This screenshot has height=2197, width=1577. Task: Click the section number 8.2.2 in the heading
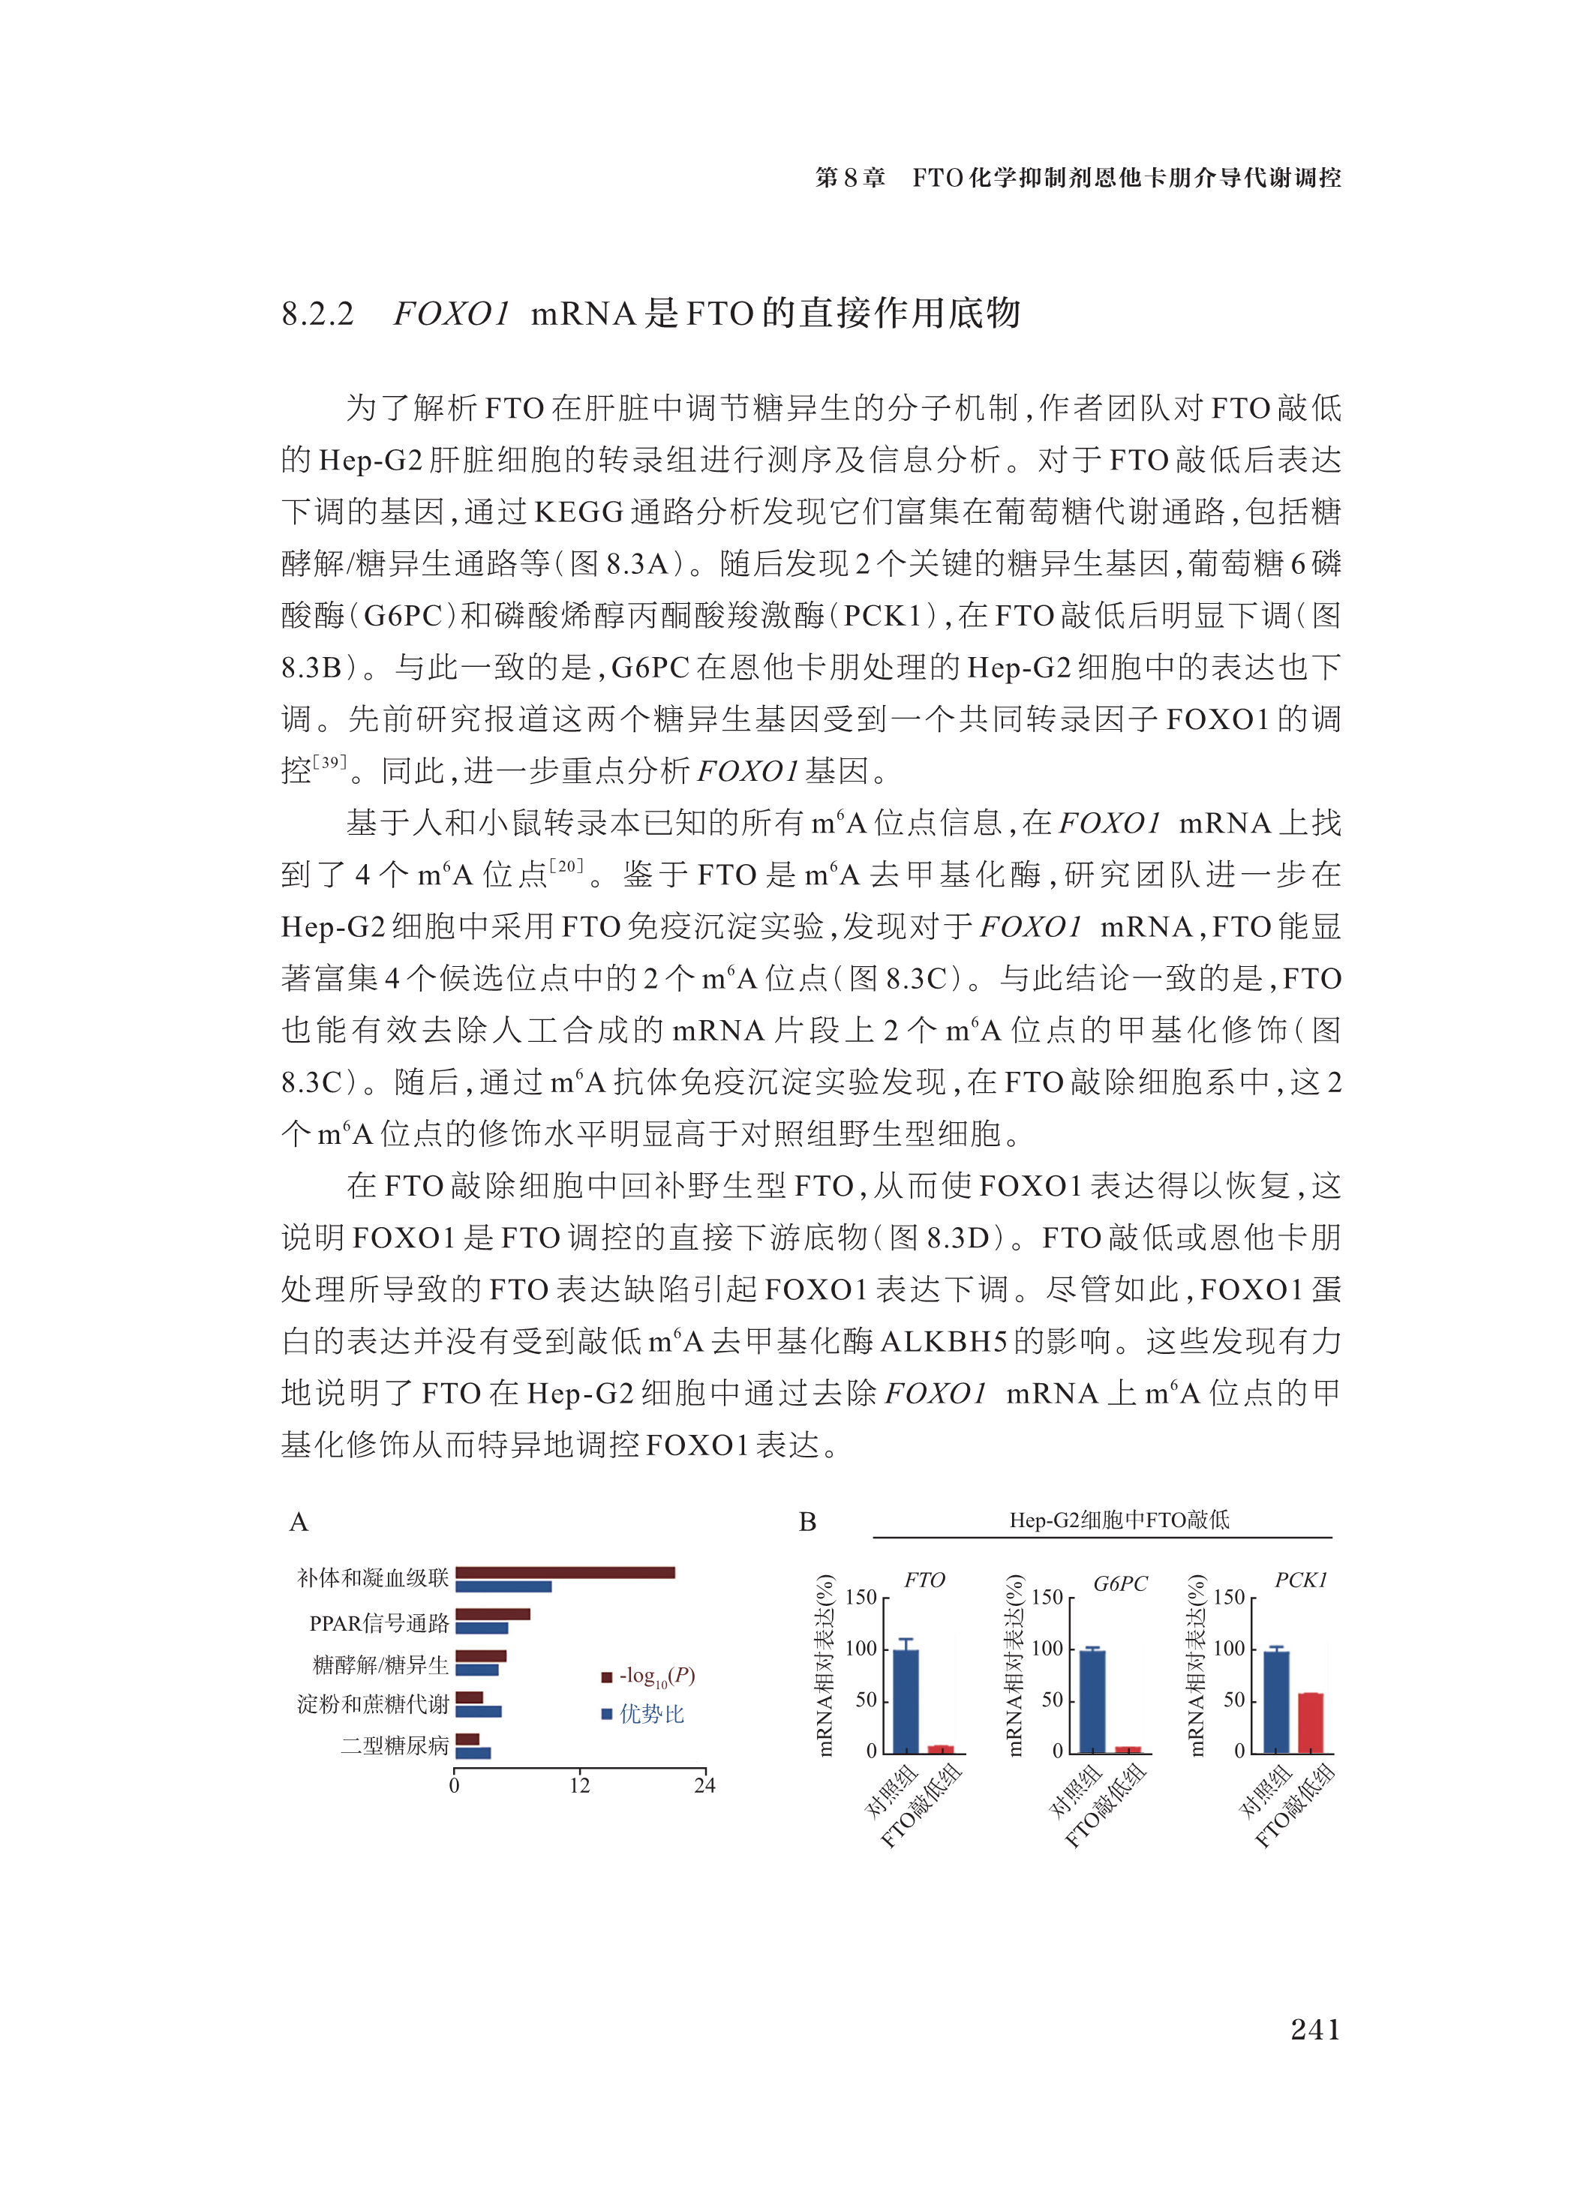coord(317,314)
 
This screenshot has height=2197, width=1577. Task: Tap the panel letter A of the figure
coord(299,1522)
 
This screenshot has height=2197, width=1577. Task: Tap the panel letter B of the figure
coord(807,1522)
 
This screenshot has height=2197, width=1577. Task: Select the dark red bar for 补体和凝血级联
coord(565,1572)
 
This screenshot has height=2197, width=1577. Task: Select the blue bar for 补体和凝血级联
coord(503,1586)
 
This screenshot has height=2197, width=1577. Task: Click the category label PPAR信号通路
coord(379,1622)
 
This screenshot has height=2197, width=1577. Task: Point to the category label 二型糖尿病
coord(395,1745)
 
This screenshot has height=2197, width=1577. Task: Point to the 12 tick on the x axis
coord(579,1785)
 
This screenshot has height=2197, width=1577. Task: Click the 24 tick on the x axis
coord(704,1785)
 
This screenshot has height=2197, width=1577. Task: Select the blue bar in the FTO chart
coord(906,1701)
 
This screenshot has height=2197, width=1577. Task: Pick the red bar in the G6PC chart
coord(1128,1749)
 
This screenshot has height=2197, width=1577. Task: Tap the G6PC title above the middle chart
coord(1120,1584)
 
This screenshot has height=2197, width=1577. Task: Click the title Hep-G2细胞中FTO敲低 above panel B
coord(1119,1520)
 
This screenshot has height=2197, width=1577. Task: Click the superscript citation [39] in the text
coord(330,761)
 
